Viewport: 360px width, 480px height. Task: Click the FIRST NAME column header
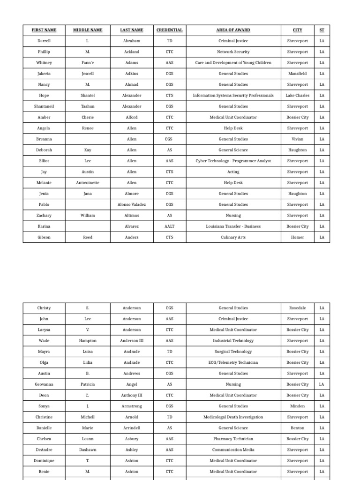(x=44, y=30)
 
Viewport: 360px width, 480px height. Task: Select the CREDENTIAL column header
(x=169, y=30)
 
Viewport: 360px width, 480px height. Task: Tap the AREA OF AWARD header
(x=233, y=30)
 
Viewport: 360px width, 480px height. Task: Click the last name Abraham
(x=132, y=41)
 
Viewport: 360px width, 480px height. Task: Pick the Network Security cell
(x=233, y=52)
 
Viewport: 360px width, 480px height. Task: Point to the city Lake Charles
(x=297, y=96)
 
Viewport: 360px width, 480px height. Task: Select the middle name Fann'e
(x=88, y=63)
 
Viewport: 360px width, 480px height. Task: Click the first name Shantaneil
(x=44, y=106)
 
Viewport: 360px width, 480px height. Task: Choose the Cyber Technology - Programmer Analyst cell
(x=233, y=161)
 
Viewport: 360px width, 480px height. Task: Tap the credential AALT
(x=169, y=226)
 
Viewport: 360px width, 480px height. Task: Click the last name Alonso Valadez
(x=132, y=204)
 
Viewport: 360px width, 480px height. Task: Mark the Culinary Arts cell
(x=233, y=237)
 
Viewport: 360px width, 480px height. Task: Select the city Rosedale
(x=297, y=308)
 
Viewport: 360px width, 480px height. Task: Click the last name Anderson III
(x=132, y=341)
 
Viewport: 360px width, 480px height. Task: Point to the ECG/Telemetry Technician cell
(x=233, y=362)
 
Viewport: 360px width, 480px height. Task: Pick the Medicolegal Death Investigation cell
(x=233, y=417)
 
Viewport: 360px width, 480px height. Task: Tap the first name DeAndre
(x=44, y=450)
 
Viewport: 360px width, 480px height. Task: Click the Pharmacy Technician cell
(x=233, y=439)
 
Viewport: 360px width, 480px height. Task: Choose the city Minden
(x=297, y=406)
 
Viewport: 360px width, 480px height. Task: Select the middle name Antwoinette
(x=88, y=183)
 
